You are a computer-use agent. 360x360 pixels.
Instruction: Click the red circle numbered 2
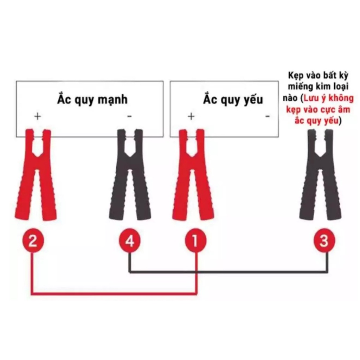[x=33, y=241]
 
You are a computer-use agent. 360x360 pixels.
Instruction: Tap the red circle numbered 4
[x=129, y=241]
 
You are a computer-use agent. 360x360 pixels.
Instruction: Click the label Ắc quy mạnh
[x=92, y=99]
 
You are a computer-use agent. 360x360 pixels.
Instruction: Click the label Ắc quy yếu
[x=233, y=99]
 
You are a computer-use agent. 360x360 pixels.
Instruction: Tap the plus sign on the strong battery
[x=37, y=116]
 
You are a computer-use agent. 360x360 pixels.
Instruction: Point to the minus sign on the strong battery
[x=129, y=116]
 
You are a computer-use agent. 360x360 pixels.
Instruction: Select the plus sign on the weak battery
[x=191, y=116]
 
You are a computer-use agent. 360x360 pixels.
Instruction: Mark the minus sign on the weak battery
[x=268, y=116]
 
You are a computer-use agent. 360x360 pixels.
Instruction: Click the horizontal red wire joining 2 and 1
[x=114, y=293]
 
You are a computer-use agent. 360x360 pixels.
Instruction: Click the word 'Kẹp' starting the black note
[x=296, y=76]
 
